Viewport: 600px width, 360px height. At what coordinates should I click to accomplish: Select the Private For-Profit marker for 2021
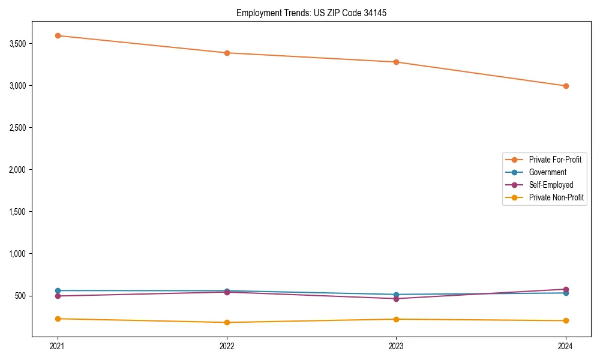pos(58,35)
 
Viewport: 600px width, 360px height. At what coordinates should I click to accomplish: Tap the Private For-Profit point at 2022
pos(227,53)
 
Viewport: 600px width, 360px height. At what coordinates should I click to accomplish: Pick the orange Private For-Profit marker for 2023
pos(396,62)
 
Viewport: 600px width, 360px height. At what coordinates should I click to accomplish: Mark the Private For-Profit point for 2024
pos(566,86)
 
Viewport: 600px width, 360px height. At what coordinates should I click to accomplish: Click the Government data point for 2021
pos(58,290)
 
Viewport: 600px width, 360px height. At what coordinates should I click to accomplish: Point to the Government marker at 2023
pos(396,295)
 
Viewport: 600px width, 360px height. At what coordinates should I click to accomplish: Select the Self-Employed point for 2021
pos(58,296)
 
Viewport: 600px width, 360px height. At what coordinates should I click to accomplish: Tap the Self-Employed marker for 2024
pos(566,289)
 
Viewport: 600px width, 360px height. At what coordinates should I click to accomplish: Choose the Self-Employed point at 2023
pos(396,298)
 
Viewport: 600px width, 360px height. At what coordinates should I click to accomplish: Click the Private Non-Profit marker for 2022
pos(227,322)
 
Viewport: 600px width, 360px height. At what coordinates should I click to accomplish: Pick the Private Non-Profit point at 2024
pos(566,320)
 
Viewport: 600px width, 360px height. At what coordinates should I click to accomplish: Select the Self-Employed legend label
pos(551,185)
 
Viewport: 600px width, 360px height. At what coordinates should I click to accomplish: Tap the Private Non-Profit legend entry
pos(556,197)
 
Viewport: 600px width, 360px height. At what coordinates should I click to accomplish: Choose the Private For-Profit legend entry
pos(555,160)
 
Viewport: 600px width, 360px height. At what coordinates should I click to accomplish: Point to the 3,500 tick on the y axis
pos(18,44)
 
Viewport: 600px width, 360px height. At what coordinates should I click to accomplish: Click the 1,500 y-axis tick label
pos(18,212)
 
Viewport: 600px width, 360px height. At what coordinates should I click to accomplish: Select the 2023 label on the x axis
pos(396,346)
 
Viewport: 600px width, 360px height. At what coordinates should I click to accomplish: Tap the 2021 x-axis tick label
pos(58,346)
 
